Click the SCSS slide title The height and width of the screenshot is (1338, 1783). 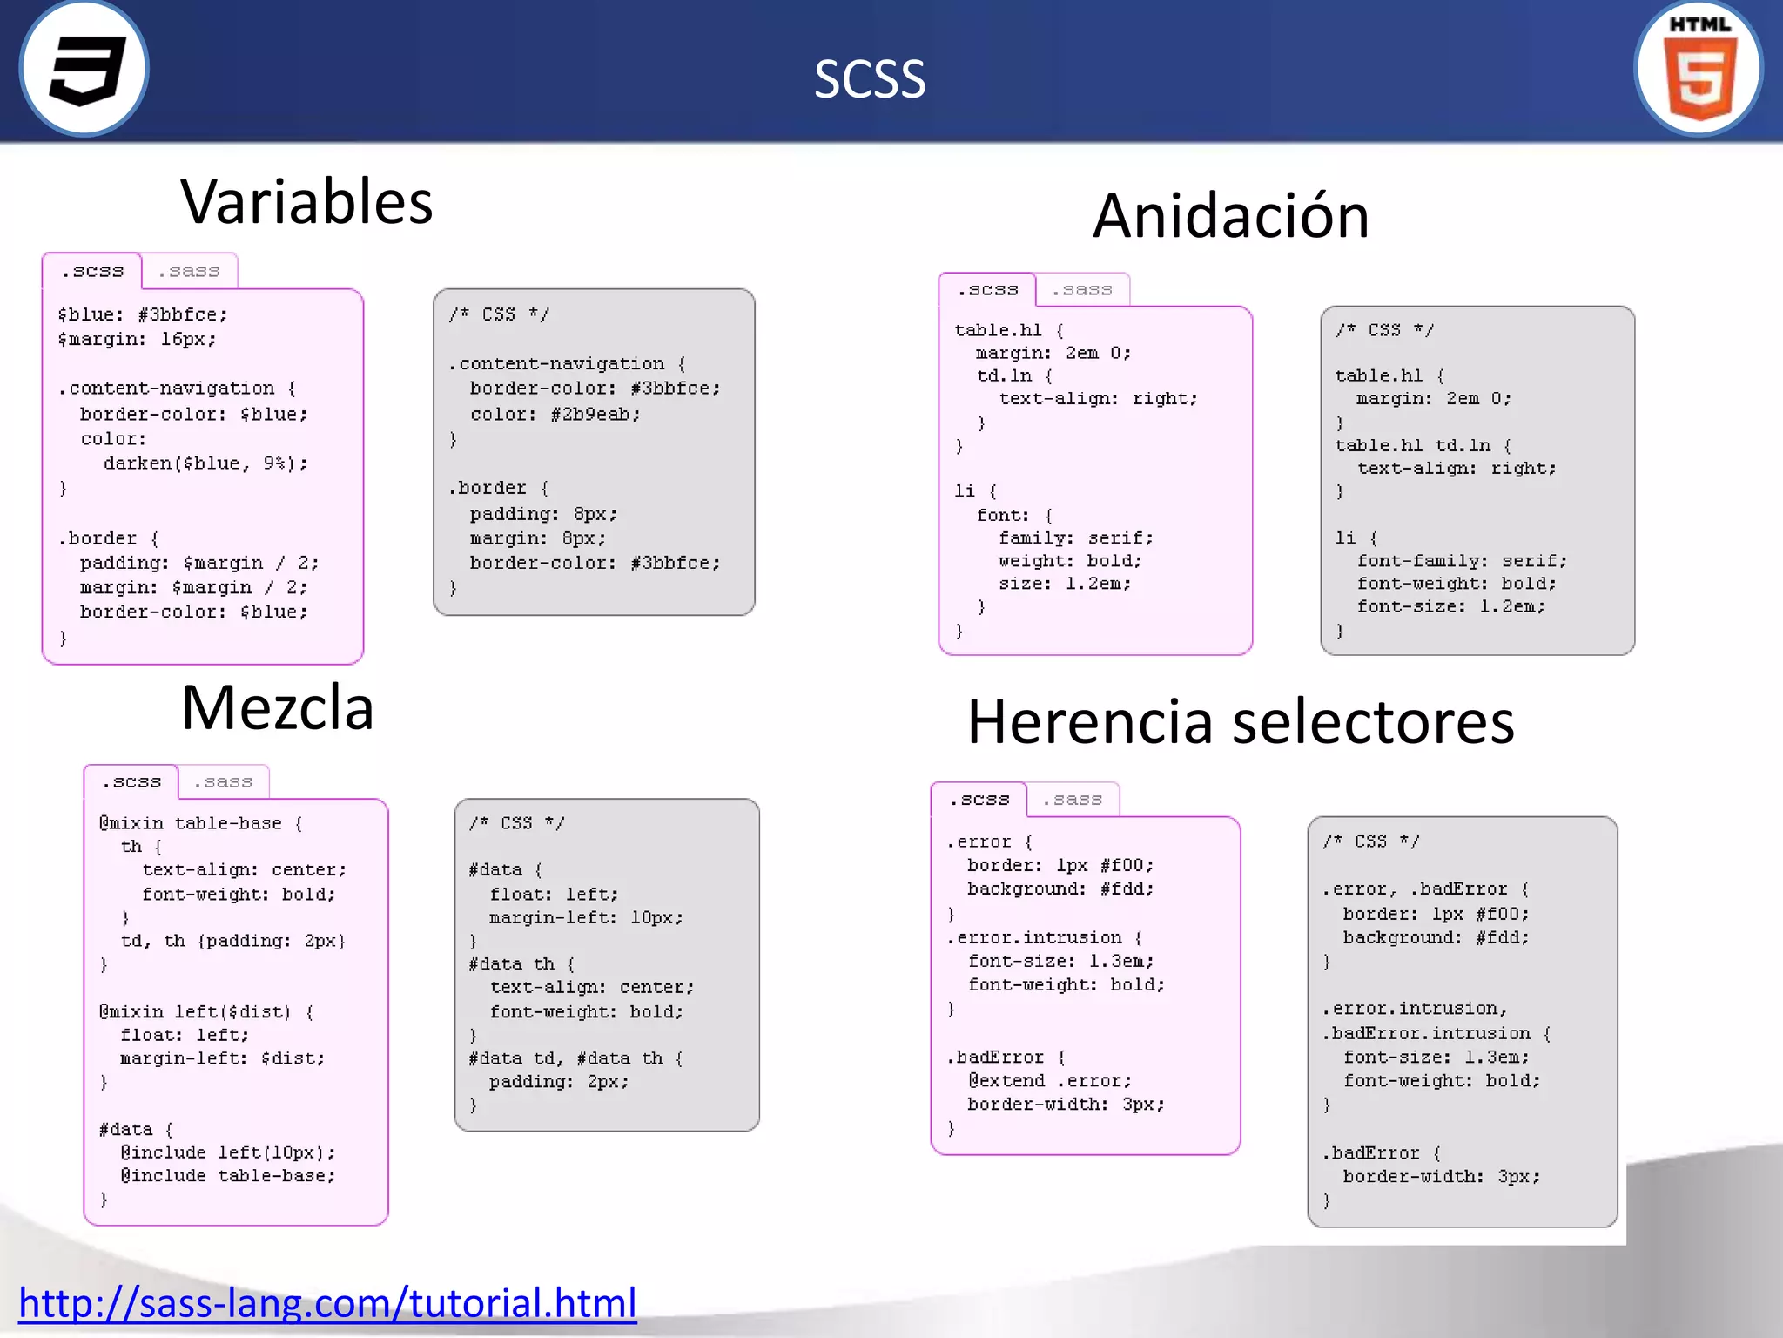(x=869, y=78)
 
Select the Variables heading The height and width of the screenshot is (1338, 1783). (x=306, y=202)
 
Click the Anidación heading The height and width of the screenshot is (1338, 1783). (x=1231, y=216)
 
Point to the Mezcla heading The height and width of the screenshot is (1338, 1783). (x=277, y=707)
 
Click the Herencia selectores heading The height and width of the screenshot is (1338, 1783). (x=1241, y=722)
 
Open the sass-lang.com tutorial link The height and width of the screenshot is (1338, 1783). (x=327, y=1303)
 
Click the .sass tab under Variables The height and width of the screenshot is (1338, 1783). (x=189, y=272)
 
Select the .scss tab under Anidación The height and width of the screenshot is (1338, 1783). (x=987, y=290)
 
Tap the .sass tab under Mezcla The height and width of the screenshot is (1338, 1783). (x=223, y=782)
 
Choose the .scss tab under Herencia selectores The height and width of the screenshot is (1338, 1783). (x=979, y=800)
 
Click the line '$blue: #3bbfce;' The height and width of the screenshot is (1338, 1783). (x=143, y=314)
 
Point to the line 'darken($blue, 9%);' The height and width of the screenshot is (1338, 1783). (x=205, y=463)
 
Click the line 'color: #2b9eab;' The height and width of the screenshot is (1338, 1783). (x=555, y=415)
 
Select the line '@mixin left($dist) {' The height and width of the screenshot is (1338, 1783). (x=206, y=1011)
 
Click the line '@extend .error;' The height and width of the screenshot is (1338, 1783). (x=1050, y=1080)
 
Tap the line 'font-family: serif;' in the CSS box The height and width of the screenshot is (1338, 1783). (x=1462, y=561)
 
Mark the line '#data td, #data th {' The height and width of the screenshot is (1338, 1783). (x=575, y=1058)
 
